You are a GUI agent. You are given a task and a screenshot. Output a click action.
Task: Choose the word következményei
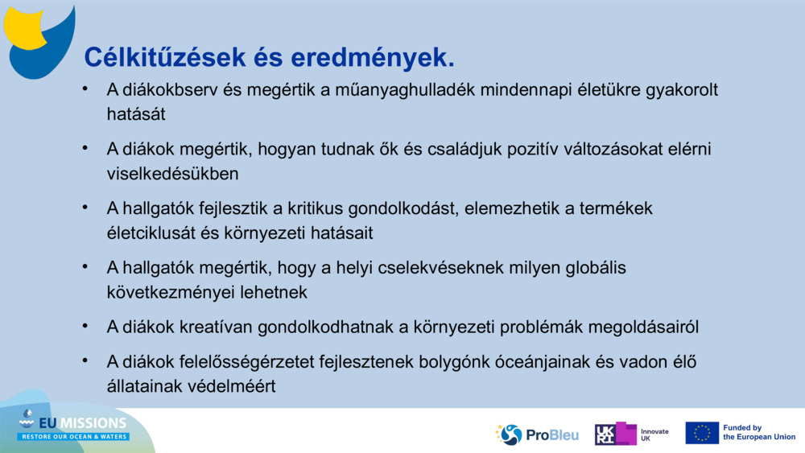point(172,292)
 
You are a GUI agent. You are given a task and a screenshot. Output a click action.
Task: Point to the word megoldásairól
point(644,327)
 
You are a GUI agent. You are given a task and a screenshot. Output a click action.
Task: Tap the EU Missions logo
point(75,426)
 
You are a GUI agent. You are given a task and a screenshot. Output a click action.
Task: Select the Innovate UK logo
point(631,434)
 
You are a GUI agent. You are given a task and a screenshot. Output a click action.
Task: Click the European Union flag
point(702,433)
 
